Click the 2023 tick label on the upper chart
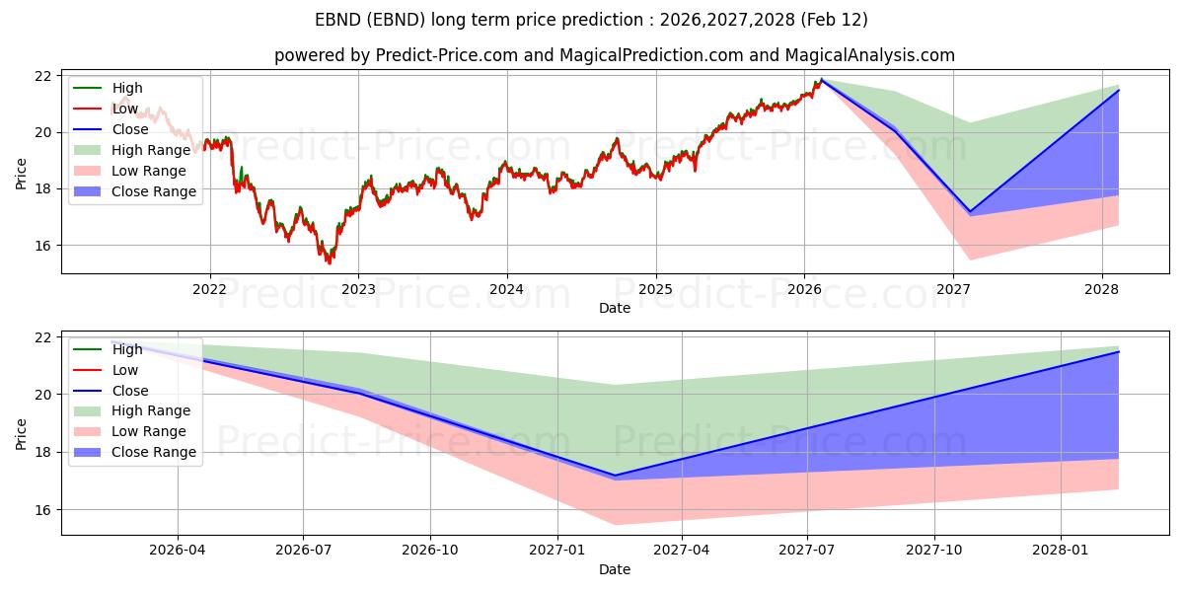[358, 289]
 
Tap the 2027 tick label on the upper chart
[953, 289]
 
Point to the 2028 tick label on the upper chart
[1102, 289]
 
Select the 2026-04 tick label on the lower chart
[178, 551]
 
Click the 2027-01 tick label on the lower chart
[558, 551]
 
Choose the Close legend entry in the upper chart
[130, 129]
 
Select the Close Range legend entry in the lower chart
[154, 452]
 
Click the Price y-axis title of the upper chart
[22, 174]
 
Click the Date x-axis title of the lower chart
[614, 569]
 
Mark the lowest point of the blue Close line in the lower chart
[615, 476]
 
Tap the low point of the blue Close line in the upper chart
[970, 211]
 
